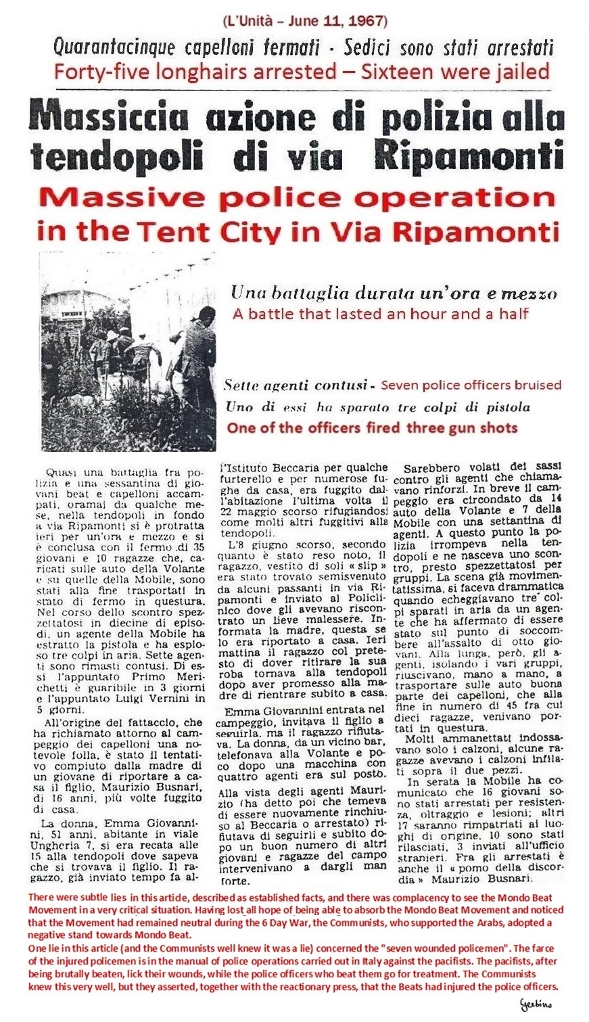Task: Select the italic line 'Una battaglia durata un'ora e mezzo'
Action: point(394,294)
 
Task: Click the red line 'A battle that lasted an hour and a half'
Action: point(380,314)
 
